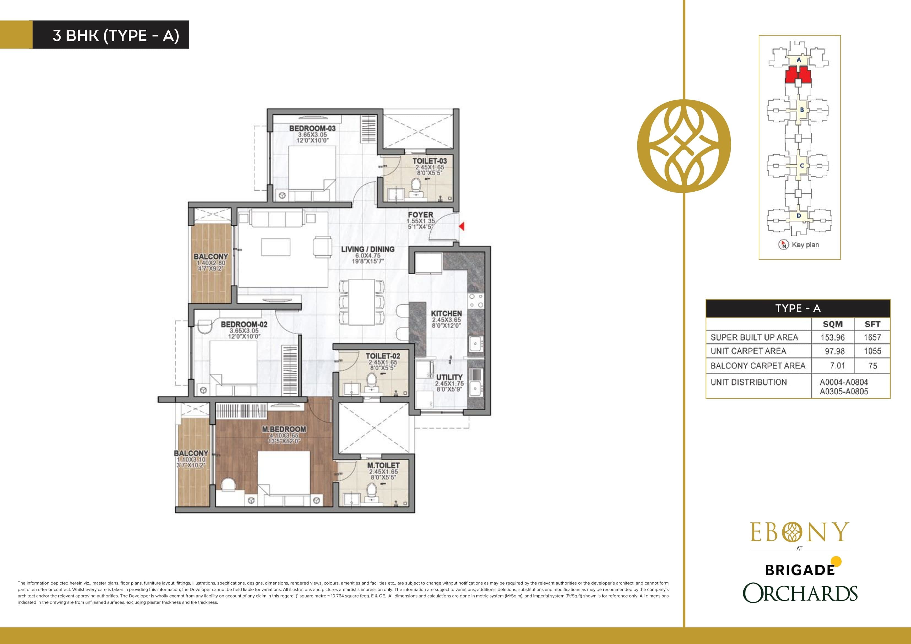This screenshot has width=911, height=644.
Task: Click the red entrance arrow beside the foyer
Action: (x=462, y=227)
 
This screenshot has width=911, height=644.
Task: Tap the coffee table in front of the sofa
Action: (x=276, y=247)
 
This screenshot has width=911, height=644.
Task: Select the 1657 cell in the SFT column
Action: (x=872, y=337)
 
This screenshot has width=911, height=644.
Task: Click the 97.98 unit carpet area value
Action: (x=833, y=351)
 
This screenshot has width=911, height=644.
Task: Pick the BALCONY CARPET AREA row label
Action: (x=757, y=366)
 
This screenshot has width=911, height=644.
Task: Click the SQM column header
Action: (x=833, y=324)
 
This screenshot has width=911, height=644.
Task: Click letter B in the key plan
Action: (x=801, y=110)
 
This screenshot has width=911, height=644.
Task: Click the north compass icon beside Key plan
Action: (x=783, y=245)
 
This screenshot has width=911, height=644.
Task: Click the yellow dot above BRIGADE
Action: (x=836, y=561)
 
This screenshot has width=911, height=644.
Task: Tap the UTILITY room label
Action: (x=449, y=377)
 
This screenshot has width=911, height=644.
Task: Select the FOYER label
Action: (x=420, y=215)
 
